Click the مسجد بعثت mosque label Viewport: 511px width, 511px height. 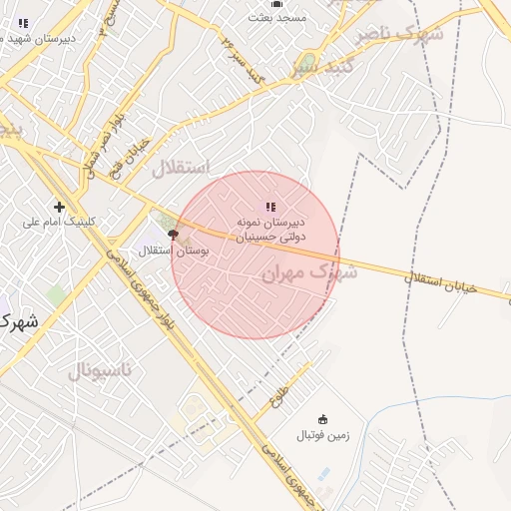point(278,18)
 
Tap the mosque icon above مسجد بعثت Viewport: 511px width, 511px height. point(278,3)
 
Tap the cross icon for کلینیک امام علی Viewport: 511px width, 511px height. point(59,208)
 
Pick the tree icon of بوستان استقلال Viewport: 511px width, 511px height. point(174,236)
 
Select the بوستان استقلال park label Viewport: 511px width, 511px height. point(175,251)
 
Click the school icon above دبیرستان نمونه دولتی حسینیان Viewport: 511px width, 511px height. point(270,207)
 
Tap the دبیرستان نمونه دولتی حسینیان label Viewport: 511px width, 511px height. point(270,229)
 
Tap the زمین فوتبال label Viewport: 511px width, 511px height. point(321,435)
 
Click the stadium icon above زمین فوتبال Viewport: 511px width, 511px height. point(321,420)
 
